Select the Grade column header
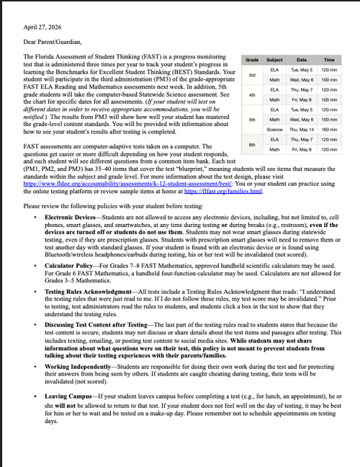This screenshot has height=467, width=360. click(x=252, y=60)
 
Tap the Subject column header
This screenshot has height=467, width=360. click(x=274, y=60)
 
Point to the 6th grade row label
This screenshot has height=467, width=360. click(x=252, y=144)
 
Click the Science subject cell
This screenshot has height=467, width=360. click(x=274, y=129)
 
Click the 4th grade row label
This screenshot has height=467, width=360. click(x=252, y=94)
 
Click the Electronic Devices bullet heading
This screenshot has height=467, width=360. click(x=72, y=217)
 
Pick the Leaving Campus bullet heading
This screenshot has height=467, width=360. click(x=68, y=397)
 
